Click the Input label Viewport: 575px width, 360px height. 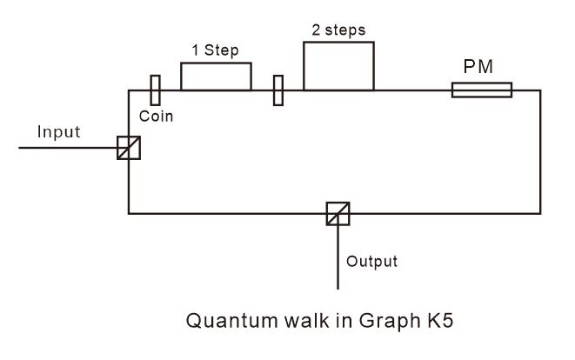click(58, 132)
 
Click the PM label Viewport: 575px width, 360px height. click(481, 65)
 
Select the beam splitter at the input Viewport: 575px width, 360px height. click(129, 148)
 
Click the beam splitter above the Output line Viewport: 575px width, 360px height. click(338, 213)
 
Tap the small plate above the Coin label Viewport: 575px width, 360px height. click(155, 90)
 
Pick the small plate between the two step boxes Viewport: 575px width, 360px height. click(277, 90)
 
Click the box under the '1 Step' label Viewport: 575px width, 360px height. click(216, 77)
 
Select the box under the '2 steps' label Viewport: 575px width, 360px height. click(338, 66)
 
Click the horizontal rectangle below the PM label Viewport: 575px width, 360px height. click(481, 90)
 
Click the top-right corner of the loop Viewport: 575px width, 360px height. click(540, 90)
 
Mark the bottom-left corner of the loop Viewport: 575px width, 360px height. click(129, 213)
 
